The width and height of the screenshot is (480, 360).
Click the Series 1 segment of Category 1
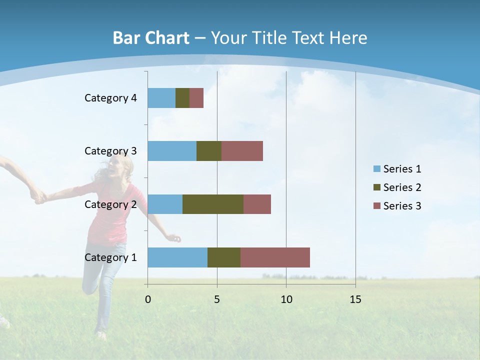(x=177, y=257)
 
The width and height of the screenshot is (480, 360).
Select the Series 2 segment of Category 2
(x=213, y=204)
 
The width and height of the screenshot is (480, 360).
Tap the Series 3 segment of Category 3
(x=242, y=151)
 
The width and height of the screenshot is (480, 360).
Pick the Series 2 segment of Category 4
(x=182, y=98)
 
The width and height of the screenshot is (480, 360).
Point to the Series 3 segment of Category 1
(x=275, y=257)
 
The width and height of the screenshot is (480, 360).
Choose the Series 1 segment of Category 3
(x=172, y=151)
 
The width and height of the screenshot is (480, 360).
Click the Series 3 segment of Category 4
(x=196, y=98)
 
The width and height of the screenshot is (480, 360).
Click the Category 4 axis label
(x=110, y=98)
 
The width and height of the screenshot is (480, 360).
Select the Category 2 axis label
(x=110, y=204)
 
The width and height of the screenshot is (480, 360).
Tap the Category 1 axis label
(x=110, y=257)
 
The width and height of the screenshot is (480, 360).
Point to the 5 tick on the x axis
(x=217, y=299)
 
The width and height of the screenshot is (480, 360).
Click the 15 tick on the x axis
(x=355, y=299)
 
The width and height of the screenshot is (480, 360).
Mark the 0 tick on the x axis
(x=147, y=299)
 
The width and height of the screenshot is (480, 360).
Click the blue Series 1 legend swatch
(x=376, y=169)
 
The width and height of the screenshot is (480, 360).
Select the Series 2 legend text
(x=402, y=187)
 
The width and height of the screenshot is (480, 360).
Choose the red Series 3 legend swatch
(x=376, y=206)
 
